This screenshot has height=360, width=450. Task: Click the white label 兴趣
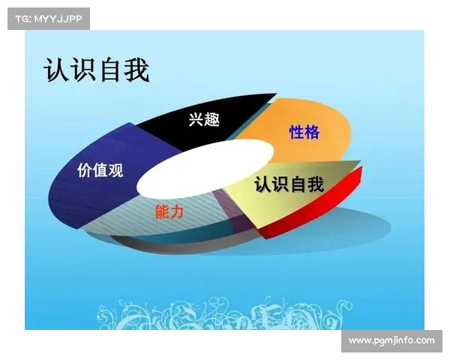click(x=204, y=118)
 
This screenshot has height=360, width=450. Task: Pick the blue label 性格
click(x=304, y=133)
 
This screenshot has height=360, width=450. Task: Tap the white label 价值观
click(x=100, y=169)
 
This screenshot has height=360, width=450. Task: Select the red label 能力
click(x=169, y=211)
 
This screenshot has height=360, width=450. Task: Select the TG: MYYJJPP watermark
click(x=48, y=18)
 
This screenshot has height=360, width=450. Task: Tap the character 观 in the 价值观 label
click(x=115, y=169)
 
